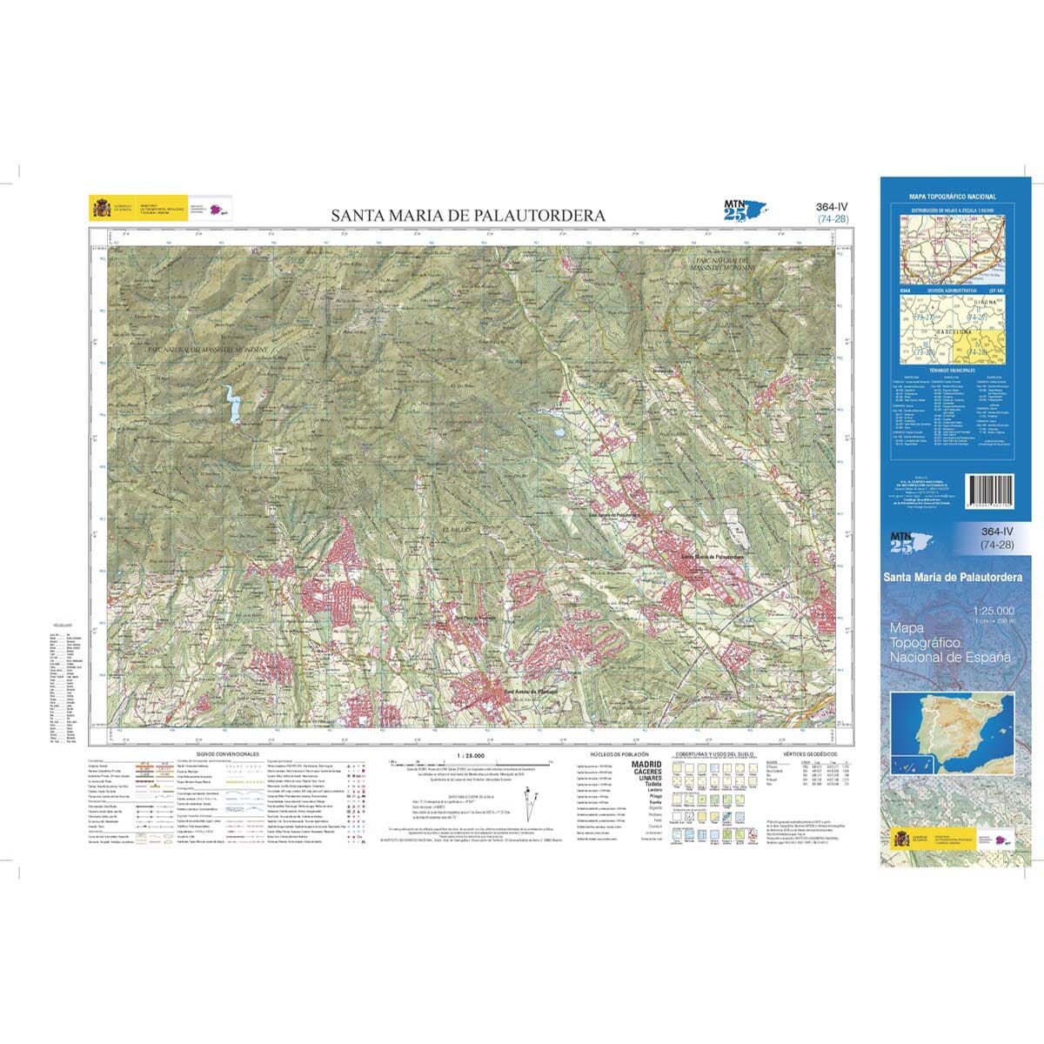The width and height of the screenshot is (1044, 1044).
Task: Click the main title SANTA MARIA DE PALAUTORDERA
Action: point(467,215)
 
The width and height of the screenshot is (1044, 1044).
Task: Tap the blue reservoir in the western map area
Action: point(232,405)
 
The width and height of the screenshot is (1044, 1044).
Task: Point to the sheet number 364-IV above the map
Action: point(832,206)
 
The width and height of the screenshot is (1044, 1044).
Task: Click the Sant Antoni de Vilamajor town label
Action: point(529,692)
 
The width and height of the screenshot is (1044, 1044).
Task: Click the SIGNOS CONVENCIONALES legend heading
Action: point(228,753)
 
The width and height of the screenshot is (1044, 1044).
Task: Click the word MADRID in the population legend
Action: point(645,764)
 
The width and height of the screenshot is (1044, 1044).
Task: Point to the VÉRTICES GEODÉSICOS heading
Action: point(809,753)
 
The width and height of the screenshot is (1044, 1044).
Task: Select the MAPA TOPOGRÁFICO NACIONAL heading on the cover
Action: point(952,197)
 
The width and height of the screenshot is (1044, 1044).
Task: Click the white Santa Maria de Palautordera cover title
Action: point(952,577)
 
